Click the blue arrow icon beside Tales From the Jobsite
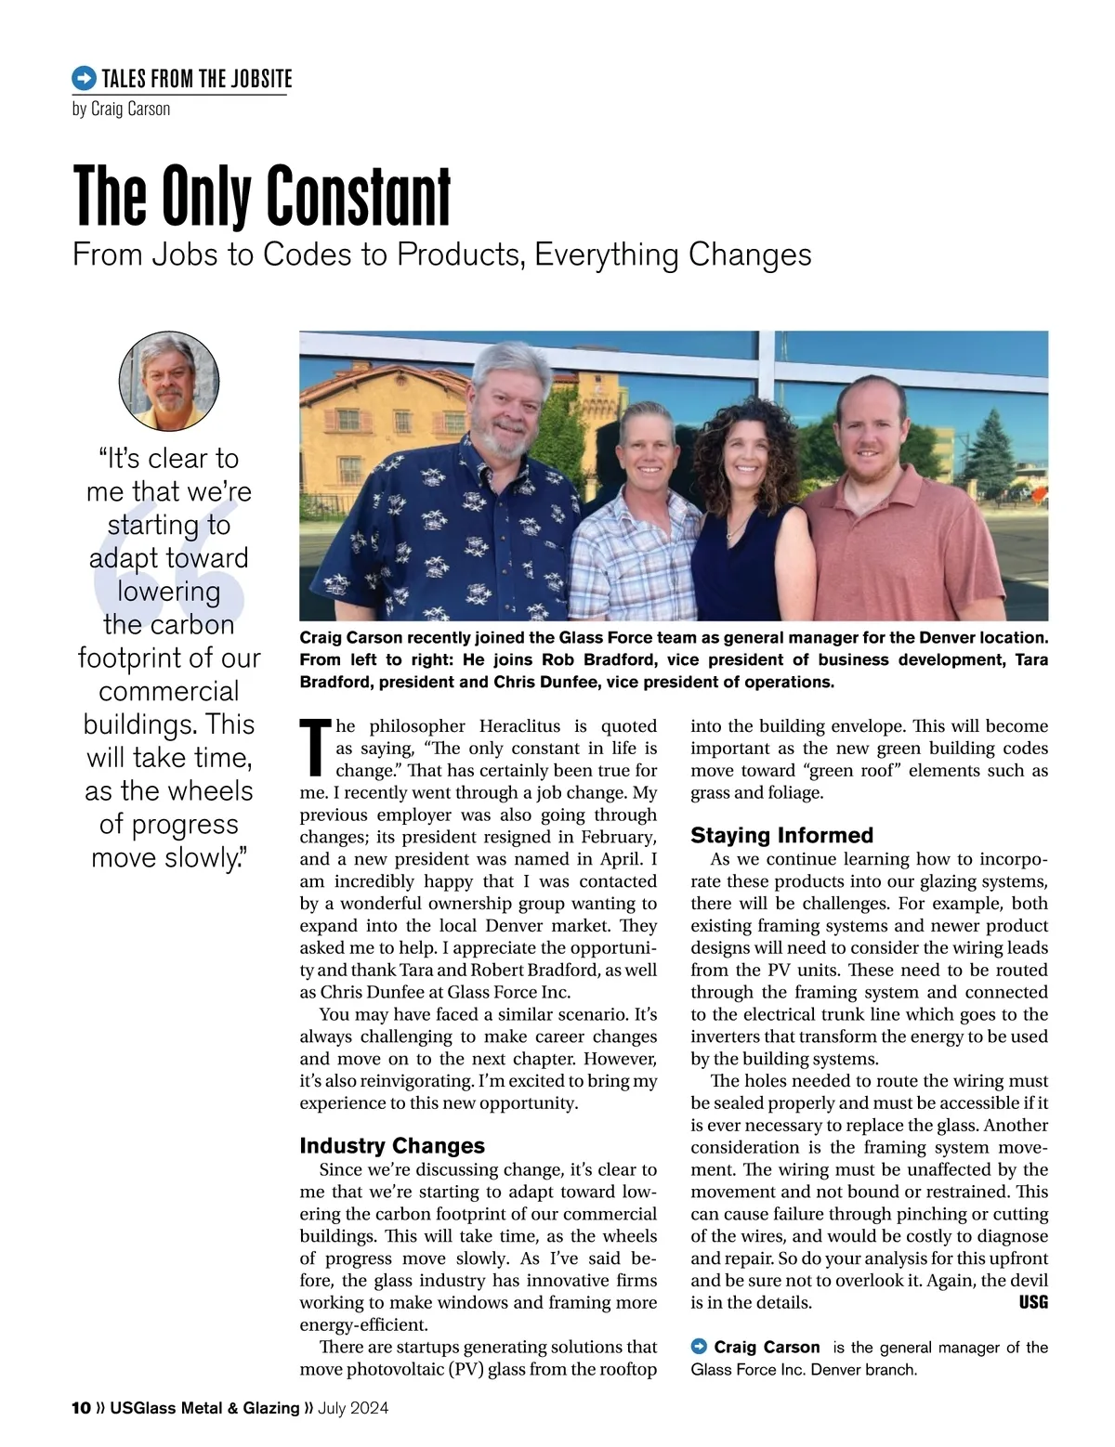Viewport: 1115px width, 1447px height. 84,78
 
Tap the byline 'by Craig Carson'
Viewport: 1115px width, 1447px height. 121,109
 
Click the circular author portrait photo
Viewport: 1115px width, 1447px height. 169,381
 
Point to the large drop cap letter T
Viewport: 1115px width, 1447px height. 315,748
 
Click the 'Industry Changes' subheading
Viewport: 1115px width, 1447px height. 392,1145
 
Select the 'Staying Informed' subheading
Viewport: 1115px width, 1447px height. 781,835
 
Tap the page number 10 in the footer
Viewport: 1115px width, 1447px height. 81,1408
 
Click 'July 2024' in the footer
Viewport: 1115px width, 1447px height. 353,1408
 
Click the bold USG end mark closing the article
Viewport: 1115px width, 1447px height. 1033,1302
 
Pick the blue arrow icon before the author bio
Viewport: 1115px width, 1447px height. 700,1347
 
